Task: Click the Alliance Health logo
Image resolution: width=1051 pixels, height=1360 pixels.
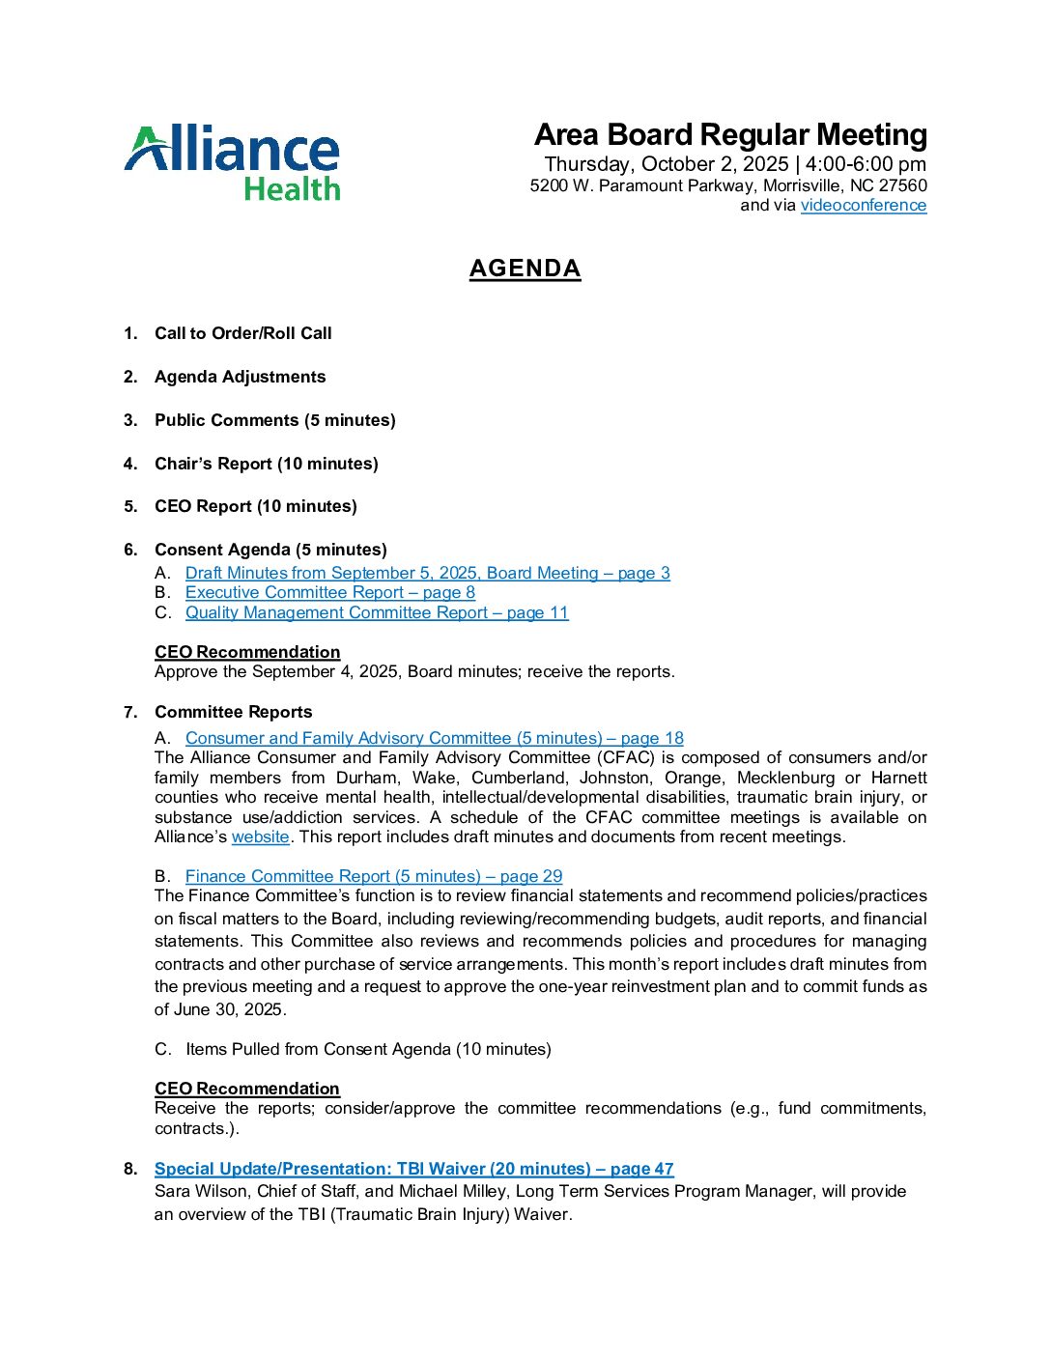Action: (232, 162)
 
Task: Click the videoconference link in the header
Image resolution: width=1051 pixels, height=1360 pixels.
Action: (863, 205)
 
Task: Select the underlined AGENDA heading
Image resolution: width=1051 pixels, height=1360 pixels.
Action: (525, 269)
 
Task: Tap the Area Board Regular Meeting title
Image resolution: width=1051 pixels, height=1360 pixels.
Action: (730, 134)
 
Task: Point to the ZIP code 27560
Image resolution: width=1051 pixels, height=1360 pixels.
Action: (902, 185)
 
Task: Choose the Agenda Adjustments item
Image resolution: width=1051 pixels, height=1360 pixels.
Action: (240, 377)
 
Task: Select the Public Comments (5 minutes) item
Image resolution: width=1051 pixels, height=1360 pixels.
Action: (274, 420)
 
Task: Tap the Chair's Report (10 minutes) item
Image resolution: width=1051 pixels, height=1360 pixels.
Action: (266, 464)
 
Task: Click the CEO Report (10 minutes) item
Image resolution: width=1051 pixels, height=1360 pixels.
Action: (255, 506)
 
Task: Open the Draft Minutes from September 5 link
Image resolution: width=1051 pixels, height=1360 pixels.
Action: (427, 573)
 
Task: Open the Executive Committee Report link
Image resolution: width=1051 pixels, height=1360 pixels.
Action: (329, 592)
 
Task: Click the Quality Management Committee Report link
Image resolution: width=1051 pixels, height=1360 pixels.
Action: (377, 612)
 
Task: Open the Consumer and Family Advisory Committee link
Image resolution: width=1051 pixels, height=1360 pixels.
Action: (434, 738)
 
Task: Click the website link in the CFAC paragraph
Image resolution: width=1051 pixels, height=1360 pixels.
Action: (260, 836)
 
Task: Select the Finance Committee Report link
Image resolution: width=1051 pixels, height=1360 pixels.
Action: (373, 876)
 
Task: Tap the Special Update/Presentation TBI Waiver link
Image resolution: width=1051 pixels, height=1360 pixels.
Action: (413, 1169)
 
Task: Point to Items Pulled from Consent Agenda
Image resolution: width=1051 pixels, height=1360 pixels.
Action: (368, 1049)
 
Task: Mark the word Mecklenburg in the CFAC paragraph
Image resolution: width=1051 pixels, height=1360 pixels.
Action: (784, 778)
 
